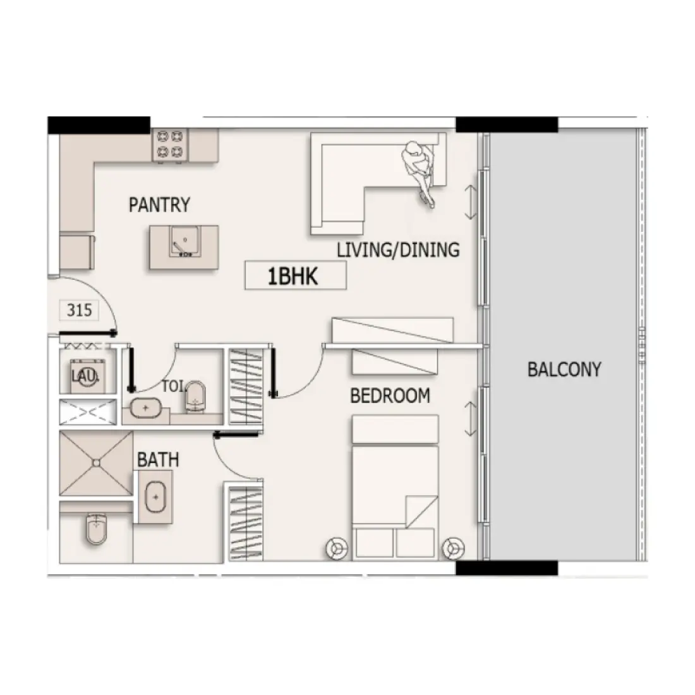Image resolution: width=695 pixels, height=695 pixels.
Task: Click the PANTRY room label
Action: (x=159, y=205)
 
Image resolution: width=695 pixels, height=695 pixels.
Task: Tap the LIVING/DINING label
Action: (x=398, y=250)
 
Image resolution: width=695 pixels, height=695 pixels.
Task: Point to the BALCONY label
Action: (x=564, y=369)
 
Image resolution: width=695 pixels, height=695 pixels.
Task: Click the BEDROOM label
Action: (x=390, y=396)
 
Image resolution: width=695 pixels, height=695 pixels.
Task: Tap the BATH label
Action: (x=157, y=459)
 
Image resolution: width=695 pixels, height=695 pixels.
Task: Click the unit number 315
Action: (x=79, y=310)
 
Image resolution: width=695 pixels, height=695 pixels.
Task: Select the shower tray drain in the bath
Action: (x=96, y=463)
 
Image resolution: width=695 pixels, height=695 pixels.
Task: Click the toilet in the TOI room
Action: (x=196, y=396)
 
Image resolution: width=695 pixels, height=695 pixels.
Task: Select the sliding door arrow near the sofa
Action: (x=470, y=203)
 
